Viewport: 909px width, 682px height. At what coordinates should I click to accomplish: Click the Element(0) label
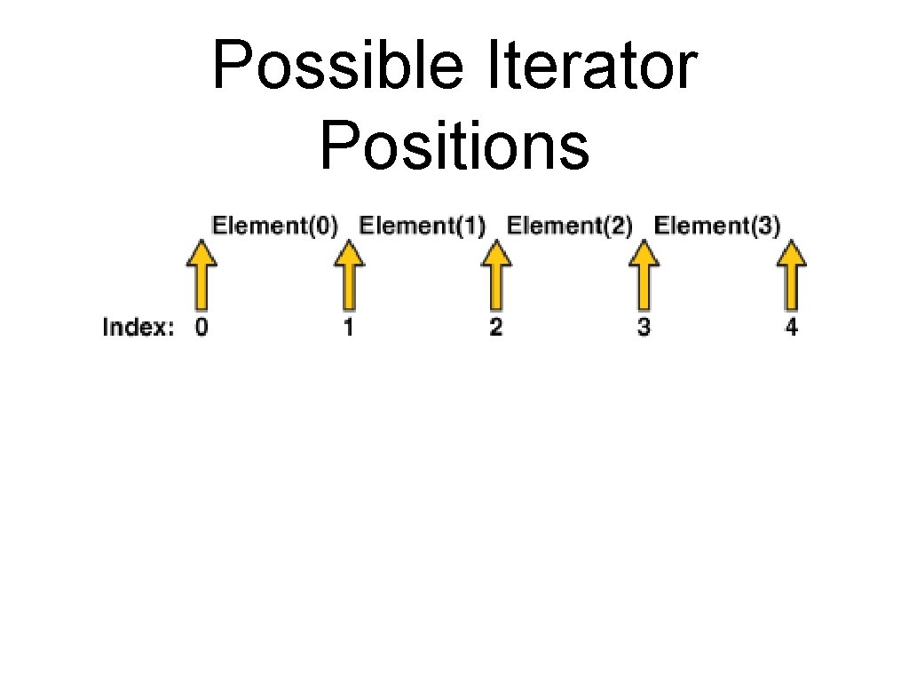coord(275,226)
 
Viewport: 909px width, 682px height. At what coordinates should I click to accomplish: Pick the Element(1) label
coord(423,226)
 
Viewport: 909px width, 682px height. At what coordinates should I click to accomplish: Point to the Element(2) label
coord(570,226)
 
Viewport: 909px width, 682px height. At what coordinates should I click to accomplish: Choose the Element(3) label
coord(717,226)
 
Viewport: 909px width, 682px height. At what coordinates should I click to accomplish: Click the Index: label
coord(138,328)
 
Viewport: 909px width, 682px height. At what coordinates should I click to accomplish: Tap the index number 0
coord(202,328)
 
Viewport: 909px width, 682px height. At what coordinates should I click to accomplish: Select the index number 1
coord(349,328)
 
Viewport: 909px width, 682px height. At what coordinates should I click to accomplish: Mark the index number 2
coord(496,328)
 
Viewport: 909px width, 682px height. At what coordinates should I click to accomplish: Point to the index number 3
coord(644,328)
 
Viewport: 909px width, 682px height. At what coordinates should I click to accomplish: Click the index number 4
coord(791,328)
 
